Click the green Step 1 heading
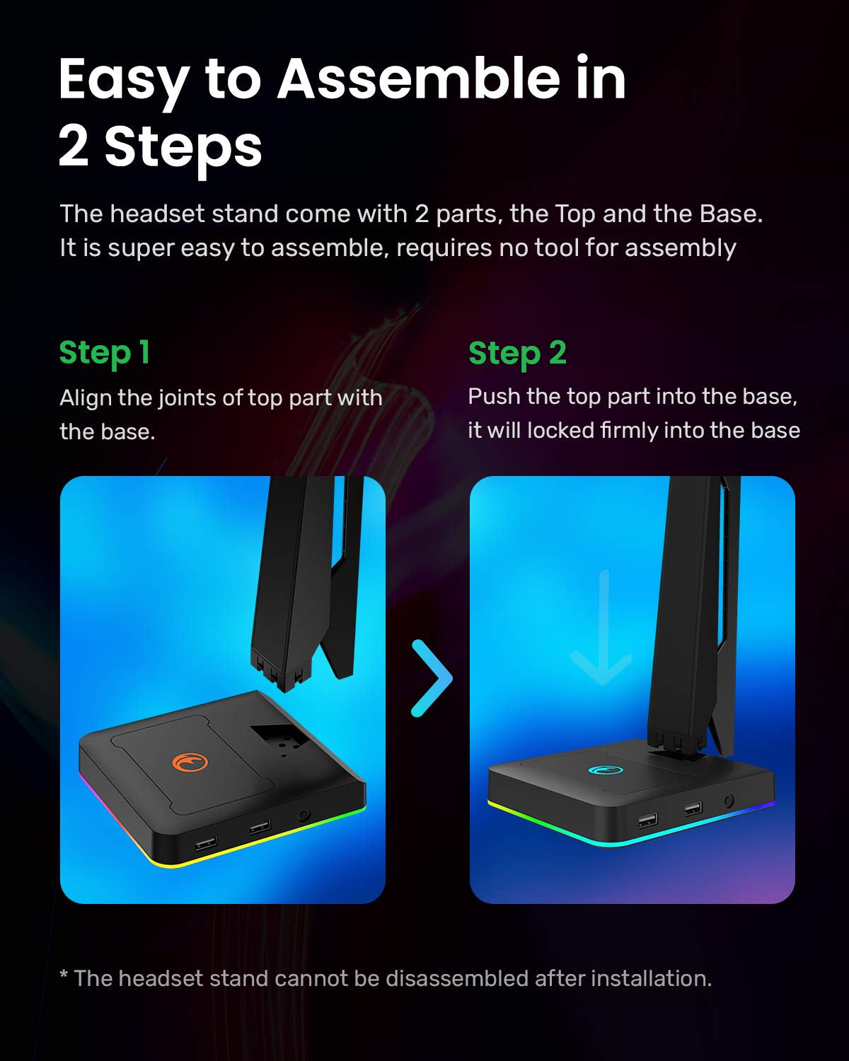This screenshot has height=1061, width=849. coord(104,353)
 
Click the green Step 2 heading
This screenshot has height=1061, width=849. coord(517,353)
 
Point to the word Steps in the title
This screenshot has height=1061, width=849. coord(183,147)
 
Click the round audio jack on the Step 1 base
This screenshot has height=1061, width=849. coord(305,815)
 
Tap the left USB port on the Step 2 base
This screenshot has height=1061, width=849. coord(647,821)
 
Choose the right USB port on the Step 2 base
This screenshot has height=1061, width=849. coord(693,808)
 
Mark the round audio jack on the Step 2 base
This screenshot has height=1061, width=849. coord(728,801)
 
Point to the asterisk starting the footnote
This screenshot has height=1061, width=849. coord(64,977)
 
